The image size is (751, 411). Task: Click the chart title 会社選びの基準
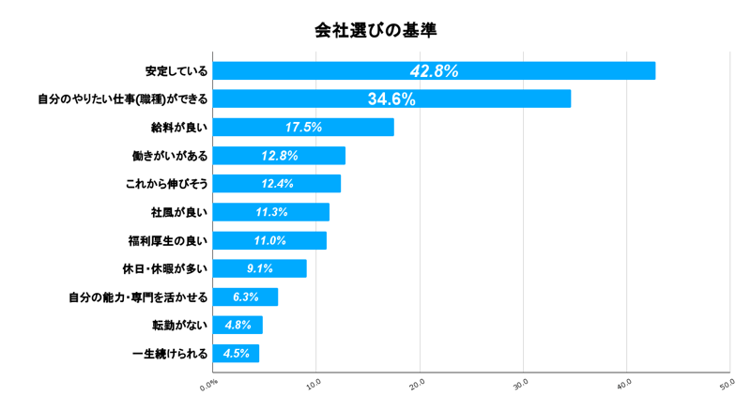(x=375, y=30)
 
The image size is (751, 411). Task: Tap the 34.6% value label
(x=391, y=99)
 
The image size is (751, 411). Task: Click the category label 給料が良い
(x=180, y=128)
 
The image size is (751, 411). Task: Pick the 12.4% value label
(x=277, y=184)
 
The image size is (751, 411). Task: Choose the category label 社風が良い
(x=180, y=212)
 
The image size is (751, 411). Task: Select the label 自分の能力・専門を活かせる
(x=138, y=297)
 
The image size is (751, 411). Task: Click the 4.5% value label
(x=236, y=354)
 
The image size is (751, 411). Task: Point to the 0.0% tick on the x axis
(x=208, y=383)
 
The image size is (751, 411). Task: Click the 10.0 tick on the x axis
(x=314, y=383)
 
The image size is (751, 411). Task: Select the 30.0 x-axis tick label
(x=522, y=383)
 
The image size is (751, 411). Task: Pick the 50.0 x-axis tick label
(x=728, y=383)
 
